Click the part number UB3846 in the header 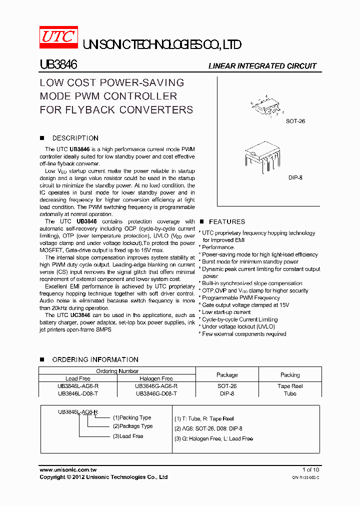pyautogui.click(x=58, y=65)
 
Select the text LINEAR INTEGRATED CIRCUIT pyautogui.click(x=262, y=66)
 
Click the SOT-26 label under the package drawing pyautogui.click(x=295, y=121)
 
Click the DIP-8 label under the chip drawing pyautogui.click(x=295, y=177)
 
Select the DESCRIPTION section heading pyautogui.click(x=75, y=138)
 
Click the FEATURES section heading pyautogui.click(x=227, y=221)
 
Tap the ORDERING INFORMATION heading pyautogui.click(x=95, y=359)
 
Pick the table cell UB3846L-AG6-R pyautogui.click(x=78, y=386)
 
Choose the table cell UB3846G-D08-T pyautogui.click(x=156, y=393)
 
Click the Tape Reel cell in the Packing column pyautogui.click(x=290, y=386)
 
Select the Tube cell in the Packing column pyautogui.click(x=290, y=393)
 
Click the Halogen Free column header pyautogui.click(x=156, y=378)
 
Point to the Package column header pyautogui.click(x=227, y=374)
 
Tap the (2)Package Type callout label pyautogui.click(x=132, y=426)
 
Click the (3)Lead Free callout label pyautogui.click(x=127, y=436)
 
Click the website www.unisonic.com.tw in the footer pyautogui.click(x=68, y=469)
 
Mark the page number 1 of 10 pyautogui.click(x=310, y=469)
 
